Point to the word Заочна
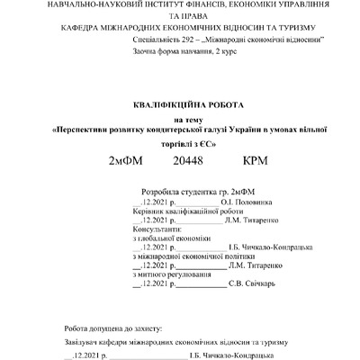[145, 55]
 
